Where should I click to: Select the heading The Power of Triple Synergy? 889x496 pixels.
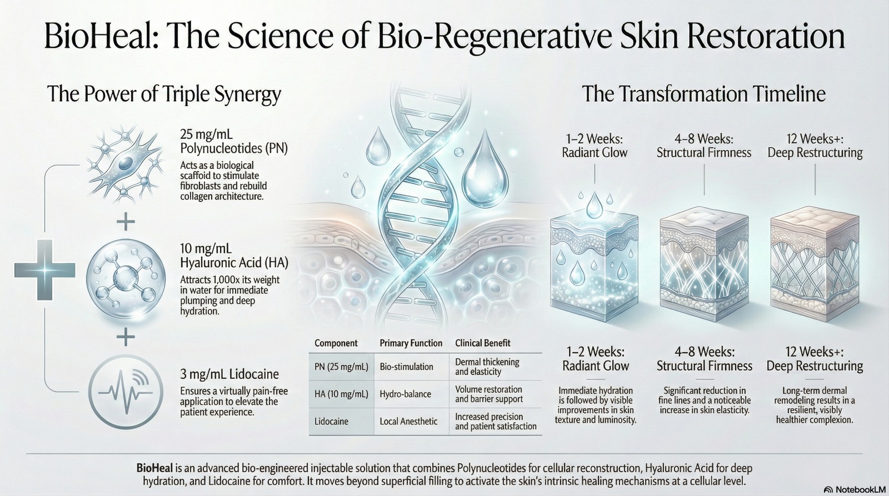(164, 95)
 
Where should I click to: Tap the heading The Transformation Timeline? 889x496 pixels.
(703, 94)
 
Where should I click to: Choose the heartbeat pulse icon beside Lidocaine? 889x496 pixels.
(126, 393)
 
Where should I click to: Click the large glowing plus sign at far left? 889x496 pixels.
(44, 270)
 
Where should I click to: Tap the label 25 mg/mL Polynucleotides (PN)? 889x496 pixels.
(234, 141)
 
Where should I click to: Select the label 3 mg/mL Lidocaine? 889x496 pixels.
(229, 374)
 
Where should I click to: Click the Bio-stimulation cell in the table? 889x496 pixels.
(406, 367)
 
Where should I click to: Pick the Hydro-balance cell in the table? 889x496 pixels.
(405, 394)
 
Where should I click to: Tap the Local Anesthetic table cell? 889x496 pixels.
(408, 422)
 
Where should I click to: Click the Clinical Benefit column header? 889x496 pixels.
(483, 343)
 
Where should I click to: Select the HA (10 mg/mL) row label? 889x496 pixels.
(341, 394)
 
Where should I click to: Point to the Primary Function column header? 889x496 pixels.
(411, 343)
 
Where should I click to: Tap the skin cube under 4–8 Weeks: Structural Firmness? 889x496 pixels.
(704, 264)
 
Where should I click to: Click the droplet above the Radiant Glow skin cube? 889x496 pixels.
(594, 205)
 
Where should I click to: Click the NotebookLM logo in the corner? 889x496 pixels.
(853, 489)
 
